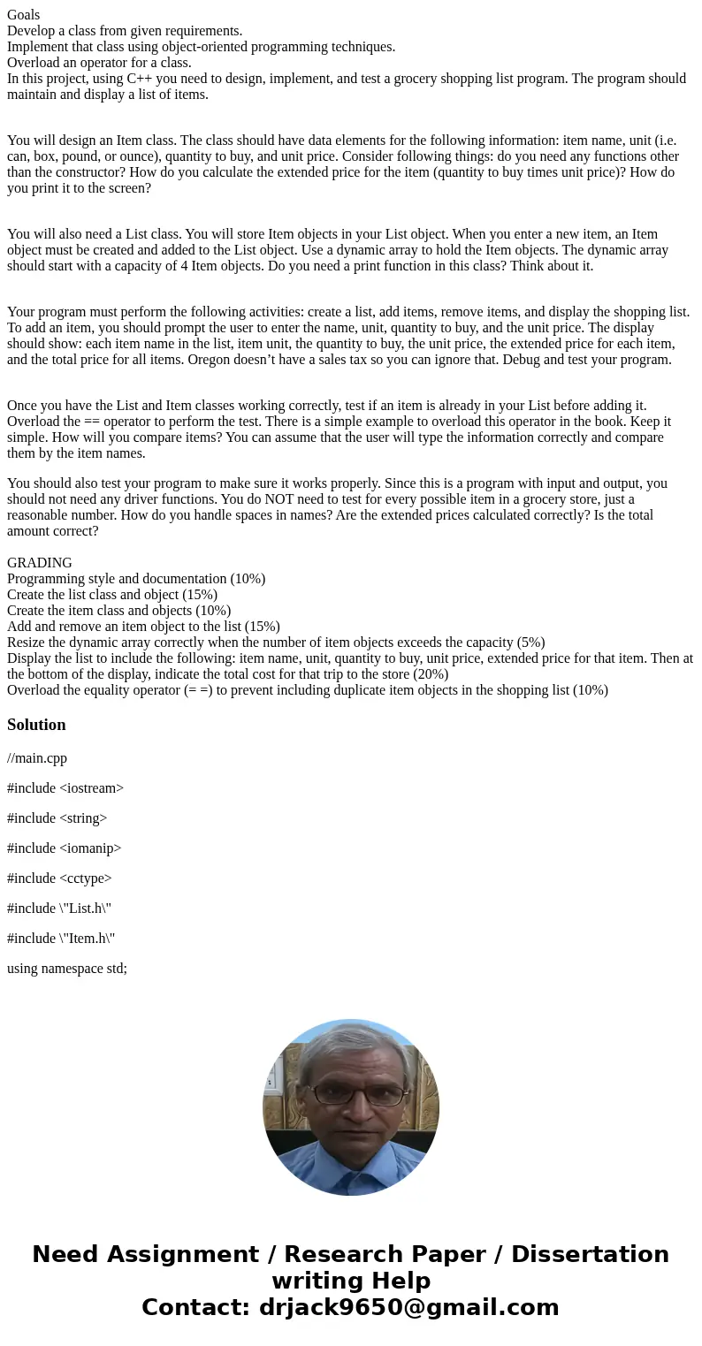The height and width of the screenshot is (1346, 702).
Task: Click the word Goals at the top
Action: pyautogui.click(x=24, y=14)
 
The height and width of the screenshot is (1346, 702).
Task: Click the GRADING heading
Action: pyautogui.click(x=40, y=563)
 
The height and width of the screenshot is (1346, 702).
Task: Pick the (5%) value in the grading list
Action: pyautogui.click(x=527, y=643)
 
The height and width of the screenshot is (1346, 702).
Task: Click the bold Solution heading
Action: pyautogui.click(x=36, y=725)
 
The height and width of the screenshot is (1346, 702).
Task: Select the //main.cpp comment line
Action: pyautogui.click(x=37, y=758)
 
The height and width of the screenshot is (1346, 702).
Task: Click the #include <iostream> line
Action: pyautogui.click(x=65, y=788)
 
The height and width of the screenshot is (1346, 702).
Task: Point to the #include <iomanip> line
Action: pyautogui.click(x=64, y=848)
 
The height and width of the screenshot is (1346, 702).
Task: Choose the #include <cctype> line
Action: pyautogui.click(x=59, y=878)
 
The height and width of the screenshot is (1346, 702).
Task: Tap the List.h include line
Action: pyautogui.click(x=59, y=909)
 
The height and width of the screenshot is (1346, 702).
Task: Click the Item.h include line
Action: pyautogui.click(x=61, y=939)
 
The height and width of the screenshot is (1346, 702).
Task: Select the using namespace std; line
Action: pyautogui.click(x=67, y=969)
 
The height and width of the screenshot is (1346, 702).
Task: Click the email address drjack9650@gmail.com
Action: pyautogui.click(x=408, y=1307)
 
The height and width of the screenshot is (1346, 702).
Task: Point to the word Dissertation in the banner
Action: pyautogui.click(x=590, y=1254)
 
